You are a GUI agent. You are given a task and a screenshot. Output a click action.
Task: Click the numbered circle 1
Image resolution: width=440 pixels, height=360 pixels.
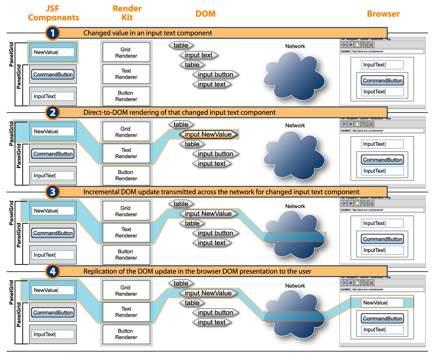[x=52, y=33]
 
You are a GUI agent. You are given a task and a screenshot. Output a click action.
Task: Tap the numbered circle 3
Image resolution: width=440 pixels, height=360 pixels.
[x=52, y=192]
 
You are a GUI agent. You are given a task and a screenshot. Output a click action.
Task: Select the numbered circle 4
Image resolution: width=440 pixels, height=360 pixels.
[x=52, y=271]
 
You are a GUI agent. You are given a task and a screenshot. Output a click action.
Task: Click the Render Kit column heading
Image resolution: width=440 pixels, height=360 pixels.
[x=127, y=13]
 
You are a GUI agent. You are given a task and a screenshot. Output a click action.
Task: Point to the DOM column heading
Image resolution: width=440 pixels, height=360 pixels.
[x=205, y=14]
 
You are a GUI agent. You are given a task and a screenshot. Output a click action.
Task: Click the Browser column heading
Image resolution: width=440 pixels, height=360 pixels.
[x=383, y=14]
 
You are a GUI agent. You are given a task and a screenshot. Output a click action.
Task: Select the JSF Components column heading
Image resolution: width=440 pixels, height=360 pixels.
[x=53, y=13]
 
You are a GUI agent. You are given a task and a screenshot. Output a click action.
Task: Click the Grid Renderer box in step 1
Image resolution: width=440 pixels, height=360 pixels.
[x=126, y=52]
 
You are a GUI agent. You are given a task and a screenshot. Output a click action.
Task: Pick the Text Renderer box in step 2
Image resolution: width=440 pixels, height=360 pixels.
[x=126, y=153]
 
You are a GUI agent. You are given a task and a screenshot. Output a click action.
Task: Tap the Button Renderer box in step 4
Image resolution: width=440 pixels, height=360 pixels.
[x=126, y=334]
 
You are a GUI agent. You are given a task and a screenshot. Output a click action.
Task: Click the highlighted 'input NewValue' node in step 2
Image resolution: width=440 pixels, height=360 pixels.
[x=208, y=134]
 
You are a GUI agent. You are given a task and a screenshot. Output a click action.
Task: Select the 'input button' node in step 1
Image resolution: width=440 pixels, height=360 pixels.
[x=216, y=75]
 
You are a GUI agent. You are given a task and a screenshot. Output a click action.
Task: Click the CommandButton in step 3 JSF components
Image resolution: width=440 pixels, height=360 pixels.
[x=53, y=233]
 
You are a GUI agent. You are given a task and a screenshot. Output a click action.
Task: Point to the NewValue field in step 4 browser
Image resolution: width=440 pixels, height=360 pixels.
[x=382, y=303]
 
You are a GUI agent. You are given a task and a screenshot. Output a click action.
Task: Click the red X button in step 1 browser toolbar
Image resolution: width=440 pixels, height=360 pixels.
[x=371, y=45]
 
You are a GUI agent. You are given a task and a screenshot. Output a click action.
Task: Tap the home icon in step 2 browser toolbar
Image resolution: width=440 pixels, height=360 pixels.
[x=357, y=124]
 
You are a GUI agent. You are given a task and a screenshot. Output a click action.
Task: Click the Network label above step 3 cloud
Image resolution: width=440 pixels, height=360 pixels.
[x=295, y=206]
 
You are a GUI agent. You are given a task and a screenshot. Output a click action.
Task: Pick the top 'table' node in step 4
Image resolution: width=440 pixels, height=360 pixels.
[x=181, y=283]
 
